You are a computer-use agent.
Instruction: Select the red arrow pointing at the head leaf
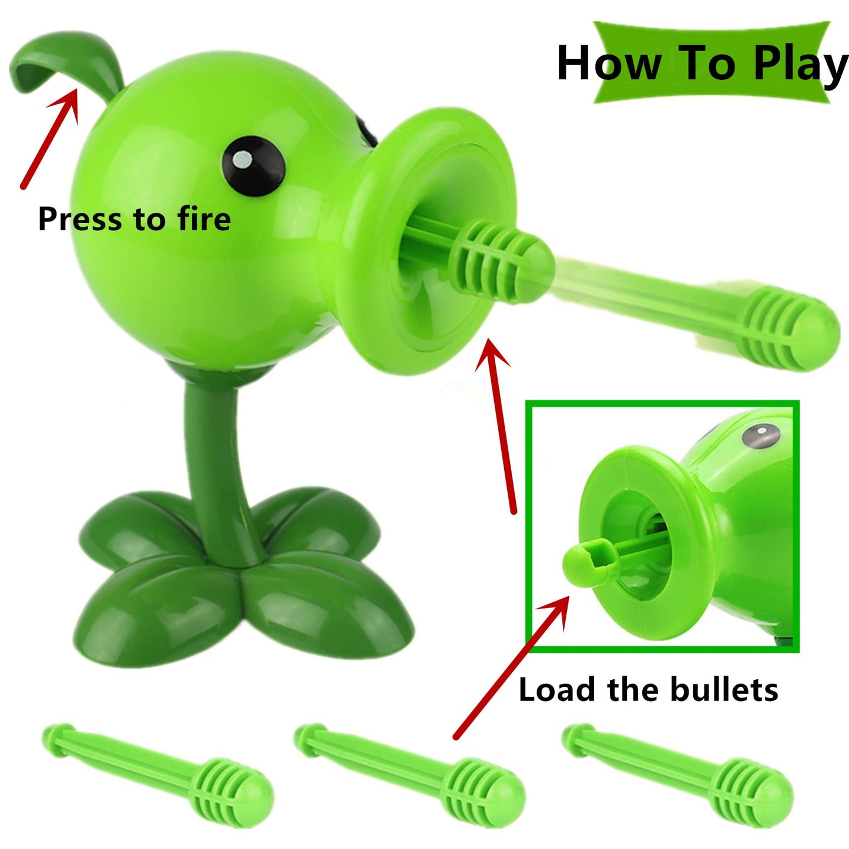50,138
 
